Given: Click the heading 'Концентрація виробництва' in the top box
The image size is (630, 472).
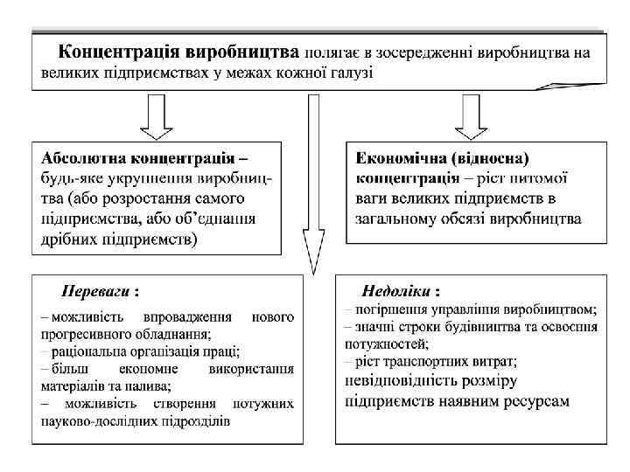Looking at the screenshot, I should point(178,52).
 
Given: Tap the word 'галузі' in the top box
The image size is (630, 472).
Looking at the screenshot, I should point(349,72).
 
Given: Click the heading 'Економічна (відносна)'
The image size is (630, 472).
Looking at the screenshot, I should point(443,159).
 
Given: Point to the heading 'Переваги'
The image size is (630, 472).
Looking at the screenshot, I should point(98,289).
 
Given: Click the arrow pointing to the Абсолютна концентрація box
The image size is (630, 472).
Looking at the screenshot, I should point(158,118).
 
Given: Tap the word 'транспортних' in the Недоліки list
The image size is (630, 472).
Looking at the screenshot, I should point(421,360).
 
